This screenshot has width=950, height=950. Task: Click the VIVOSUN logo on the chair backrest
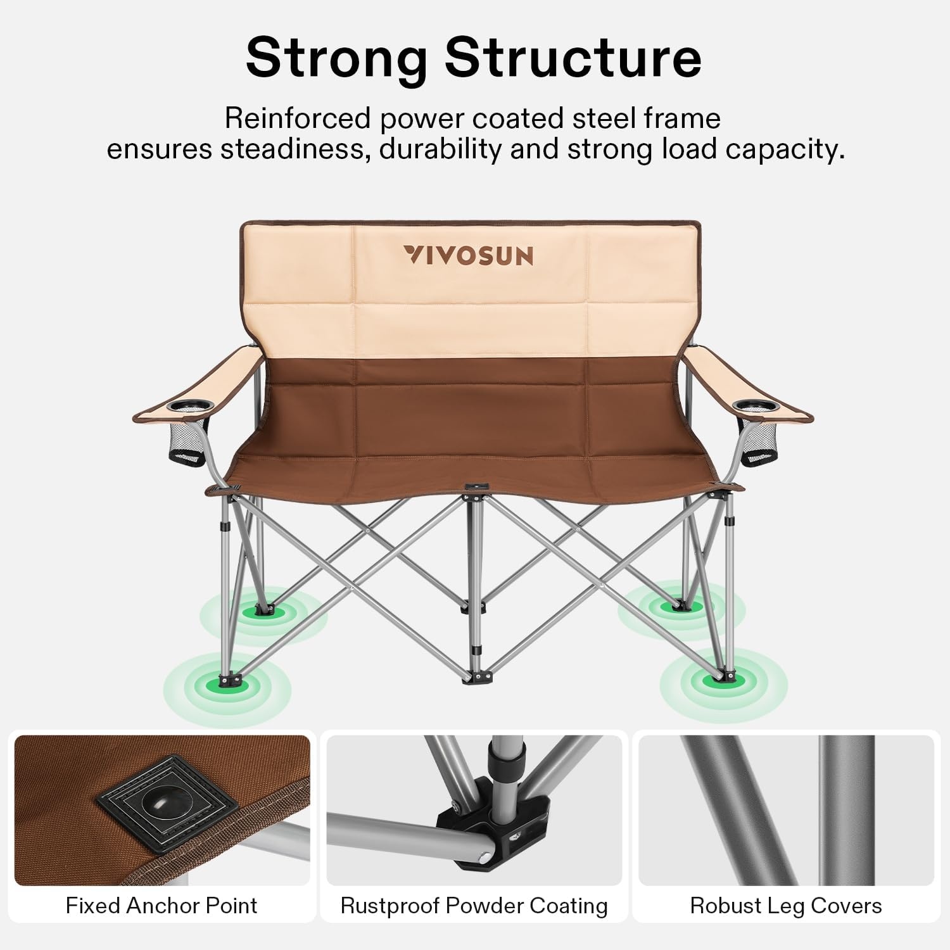(468, 255)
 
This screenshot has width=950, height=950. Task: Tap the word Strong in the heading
(336, 58)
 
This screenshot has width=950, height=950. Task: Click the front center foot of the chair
(476, 677)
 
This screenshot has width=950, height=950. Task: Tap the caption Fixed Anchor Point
(161, 906)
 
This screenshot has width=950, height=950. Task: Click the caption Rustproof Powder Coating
(474, 906)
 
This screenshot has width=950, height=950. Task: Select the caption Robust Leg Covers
(786, 906)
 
